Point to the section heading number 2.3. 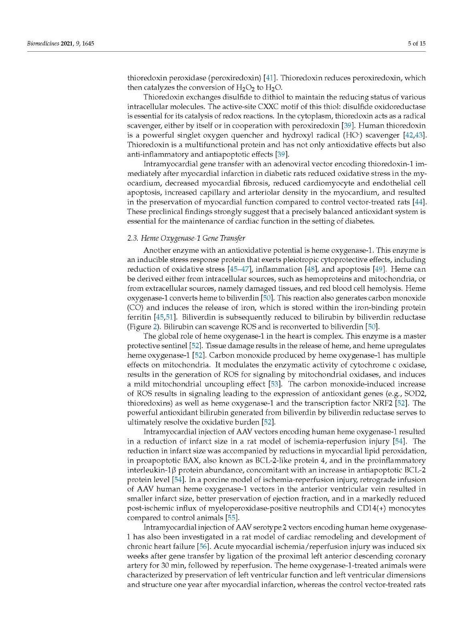tap(133, 238)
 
